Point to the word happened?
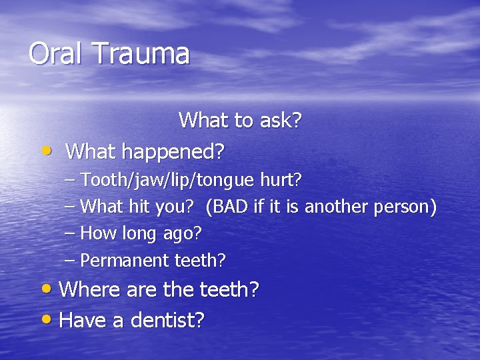tap(181, 152)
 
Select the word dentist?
tap(167, 321)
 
